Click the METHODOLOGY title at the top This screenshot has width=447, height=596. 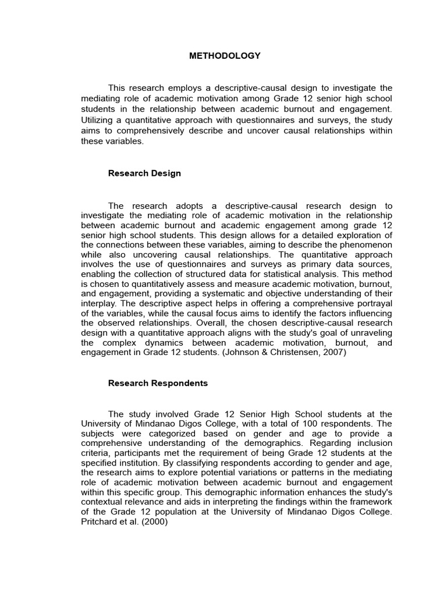[225, 56]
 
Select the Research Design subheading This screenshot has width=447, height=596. [144, 173]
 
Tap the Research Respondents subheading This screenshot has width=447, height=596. [158, 384]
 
